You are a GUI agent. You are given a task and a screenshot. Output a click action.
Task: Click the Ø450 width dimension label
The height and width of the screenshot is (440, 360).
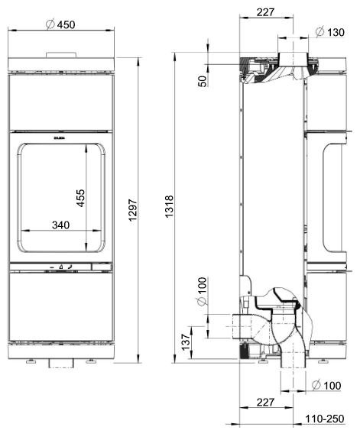[60, 24]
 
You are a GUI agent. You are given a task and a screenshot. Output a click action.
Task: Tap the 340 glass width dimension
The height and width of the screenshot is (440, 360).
[61, 225]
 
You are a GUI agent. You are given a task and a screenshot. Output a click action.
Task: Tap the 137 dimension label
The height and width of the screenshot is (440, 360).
[184, 341]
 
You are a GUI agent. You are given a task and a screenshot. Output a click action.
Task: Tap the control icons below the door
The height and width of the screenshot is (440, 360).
[61, 267]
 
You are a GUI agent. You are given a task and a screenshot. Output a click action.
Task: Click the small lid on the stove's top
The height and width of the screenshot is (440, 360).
[61, 54]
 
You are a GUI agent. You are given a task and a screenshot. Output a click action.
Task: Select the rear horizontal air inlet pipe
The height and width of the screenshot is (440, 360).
[241, 325]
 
